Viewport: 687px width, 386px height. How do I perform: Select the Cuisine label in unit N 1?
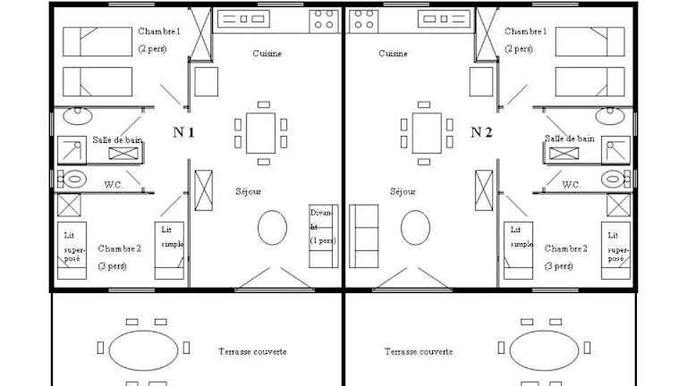coord(267,54)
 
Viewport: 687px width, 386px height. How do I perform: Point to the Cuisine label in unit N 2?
coord(393,54)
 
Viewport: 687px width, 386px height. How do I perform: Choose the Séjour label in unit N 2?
coord(403,191)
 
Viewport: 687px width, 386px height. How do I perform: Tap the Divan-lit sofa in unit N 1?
coord(321,236)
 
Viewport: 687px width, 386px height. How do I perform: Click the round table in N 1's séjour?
coord(272,228)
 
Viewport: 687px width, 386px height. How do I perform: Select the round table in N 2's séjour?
coord(414,228)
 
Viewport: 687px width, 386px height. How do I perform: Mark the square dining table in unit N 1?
coord(261,132)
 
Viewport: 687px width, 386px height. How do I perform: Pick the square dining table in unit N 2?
coord(425,132)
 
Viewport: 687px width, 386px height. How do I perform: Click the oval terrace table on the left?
coord(143,348)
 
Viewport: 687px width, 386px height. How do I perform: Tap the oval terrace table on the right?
coord(544,348)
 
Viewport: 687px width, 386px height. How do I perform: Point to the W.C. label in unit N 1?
coord(114,185)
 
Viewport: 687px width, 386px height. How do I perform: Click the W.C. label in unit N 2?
coord(572,185)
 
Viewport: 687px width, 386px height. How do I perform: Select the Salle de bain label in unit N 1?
coord(114,139)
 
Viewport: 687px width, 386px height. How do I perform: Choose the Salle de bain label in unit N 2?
coord(570,138)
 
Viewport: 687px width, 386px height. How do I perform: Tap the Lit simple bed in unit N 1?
coord(169,250)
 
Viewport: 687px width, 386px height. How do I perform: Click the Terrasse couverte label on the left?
coord(252,352)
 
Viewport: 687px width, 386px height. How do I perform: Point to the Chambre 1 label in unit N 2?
coord(526,31)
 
